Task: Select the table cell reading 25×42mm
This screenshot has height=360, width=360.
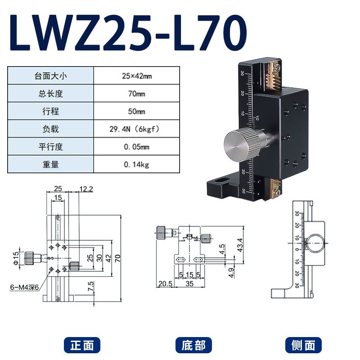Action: pyautogui.click(x=137, y=76)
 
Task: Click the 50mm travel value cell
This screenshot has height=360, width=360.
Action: pyautogui.click(x=137, y=111)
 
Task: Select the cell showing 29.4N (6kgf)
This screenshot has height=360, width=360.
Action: pyautogui.click(x=137, y=129)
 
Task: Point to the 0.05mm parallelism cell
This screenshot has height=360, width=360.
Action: pyautogui.click(x=137, y=147)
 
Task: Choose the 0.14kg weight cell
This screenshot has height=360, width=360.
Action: pyautogui.click(x=137, y=164)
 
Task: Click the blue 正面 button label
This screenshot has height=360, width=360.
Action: pyautogui.click(x=82, y=345)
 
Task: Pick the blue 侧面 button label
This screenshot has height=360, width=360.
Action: pyautogui.click(x=304, y=345)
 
